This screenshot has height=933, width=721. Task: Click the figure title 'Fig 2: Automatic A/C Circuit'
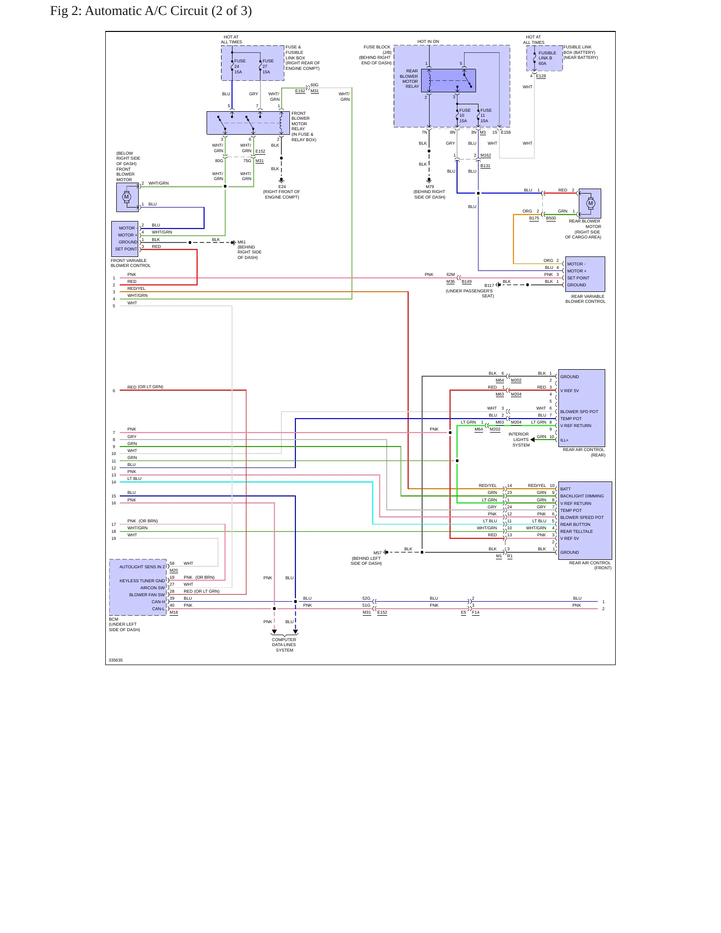coord(129,11)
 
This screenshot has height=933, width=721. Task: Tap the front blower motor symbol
coord(127,197)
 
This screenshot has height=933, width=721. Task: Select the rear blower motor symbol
coord(591,203)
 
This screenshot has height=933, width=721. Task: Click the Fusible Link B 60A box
coord(544,58)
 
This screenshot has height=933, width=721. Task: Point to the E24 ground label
coord(282,187)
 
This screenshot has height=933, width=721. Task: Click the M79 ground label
coord(430,187)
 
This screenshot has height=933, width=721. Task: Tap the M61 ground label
coord(241,242)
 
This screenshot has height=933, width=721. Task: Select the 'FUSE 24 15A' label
coord(240,66)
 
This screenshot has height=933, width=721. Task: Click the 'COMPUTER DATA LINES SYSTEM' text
coord(284,645)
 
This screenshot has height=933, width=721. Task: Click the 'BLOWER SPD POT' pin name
coord(579,412)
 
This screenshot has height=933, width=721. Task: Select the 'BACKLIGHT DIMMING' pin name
coord(582,496)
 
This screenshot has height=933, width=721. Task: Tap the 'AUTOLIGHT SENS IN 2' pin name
coord(142,567)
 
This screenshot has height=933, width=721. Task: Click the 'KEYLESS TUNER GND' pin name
coord(142,581)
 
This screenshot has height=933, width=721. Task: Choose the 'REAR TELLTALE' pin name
coord(576,531)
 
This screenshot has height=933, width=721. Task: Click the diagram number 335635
coord(116,660)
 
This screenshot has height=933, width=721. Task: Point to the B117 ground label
coord(489,286)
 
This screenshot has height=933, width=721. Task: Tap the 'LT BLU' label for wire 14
coord(134,478)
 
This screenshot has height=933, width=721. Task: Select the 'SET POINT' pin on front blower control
coord(126,249)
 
